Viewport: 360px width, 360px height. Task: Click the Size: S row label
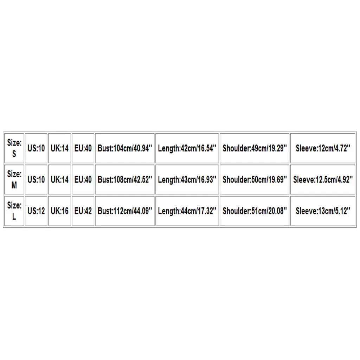point(14,148)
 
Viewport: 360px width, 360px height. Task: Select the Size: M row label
point(14,180)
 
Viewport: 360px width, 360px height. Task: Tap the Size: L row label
point(14,211)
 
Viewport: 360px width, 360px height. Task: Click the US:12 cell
point(36,211)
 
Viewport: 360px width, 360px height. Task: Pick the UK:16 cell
point(59,211)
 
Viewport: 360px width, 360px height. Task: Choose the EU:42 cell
point(83,211)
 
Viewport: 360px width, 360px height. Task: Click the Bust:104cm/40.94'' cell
point(125,148)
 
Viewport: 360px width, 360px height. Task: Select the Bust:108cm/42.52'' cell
point(125,180)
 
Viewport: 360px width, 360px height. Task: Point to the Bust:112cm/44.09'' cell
point(125,211)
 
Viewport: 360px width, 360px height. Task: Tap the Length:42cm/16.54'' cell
point(187,148)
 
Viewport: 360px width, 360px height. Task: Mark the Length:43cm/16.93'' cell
point(187,180)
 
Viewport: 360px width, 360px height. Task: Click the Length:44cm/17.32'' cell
point(187,211)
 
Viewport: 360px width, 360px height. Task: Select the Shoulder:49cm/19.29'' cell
point(255,148)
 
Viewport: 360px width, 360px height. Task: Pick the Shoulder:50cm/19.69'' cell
point(255,180)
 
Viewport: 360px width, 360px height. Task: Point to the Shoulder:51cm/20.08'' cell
point(255,211)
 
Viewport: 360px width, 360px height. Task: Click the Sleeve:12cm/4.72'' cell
point(323,148)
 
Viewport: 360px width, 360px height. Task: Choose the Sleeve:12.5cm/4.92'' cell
point(323,180)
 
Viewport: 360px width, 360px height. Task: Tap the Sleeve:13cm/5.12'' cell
point(323,211)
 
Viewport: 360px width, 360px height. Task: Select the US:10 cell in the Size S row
point(36,148)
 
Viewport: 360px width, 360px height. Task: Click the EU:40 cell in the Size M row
point(83,180)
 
